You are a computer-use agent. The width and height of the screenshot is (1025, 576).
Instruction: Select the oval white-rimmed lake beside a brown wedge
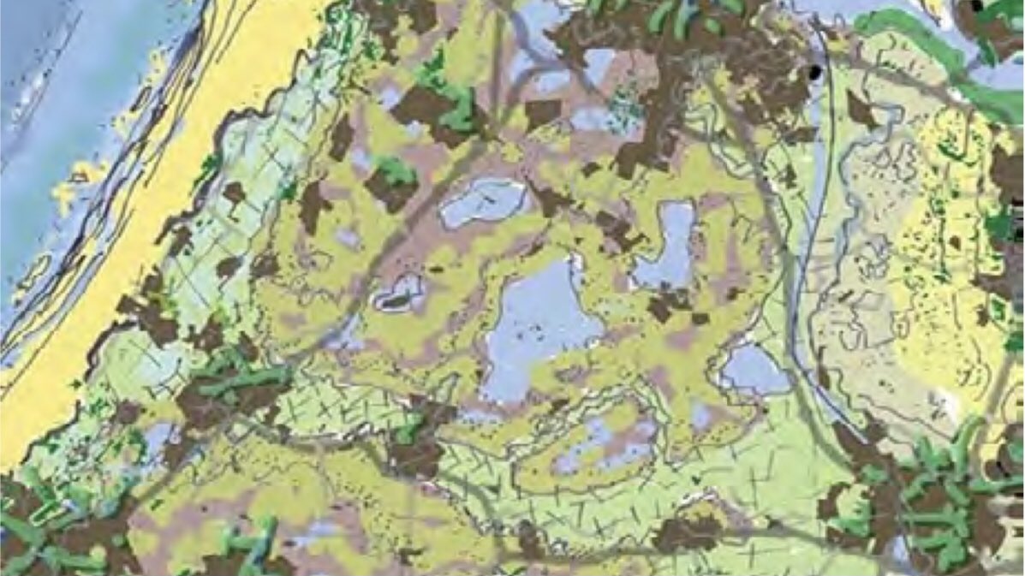(484, 203)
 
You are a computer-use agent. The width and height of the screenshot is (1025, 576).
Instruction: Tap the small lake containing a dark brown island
(398, 294)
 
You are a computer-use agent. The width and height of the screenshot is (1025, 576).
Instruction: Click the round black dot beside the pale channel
(815, 72)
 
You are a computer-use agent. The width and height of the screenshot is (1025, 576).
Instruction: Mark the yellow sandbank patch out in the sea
(73, 184)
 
